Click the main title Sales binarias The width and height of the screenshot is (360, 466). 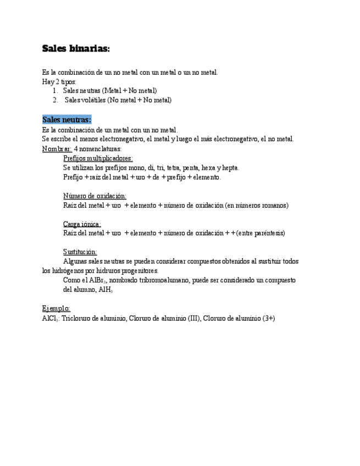click(76, 49)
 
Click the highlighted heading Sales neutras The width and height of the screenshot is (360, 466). click(67, 120)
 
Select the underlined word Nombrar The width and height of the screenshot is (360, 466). click(57, 149)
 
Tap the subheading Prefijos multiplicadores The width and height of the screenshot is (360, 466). click(98, 158)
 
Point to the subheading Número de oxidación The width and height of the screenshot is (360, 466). click(95, 196)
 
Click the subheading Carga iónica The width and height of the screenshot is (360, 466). click(82, 224)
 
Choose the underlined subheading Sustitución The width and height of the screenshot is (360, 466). click(80, 252)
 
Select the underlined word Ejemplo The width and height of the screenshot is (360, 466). click(56, 308)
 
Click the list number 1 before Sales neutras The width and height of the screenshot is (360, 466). click(56, 90)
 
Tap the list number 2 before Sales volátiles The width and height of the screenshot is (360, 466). click(56, 100)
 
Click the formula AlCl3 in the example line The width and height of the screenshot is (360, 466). click(51, 318)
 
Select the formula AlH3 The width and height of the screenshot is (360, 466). click(106, 290)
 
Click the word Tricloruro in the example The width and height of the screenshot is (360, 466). click(79, 318)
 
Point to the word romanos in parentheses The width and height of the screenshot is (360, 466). click(272, 205)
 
